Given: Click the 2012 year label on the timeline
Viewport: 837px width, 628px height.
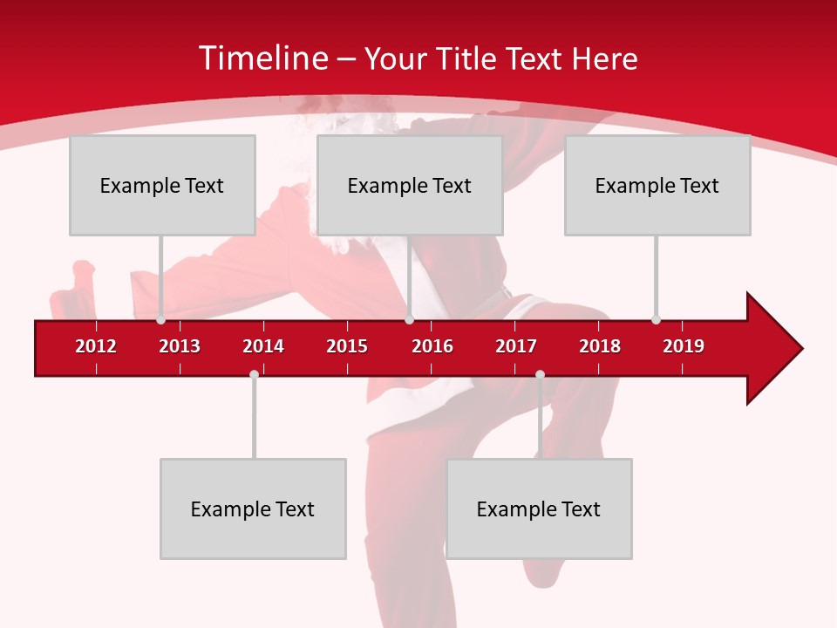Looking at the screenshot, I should [96, 346].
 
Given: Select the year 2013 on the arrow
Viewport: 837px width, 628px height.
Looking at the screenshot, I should [180, 346].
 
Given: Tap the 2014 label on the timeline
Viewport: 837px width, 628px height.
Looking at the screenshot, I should [263, 346].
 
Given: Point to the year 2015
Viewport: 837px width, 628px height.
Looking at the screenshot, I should [347, 346].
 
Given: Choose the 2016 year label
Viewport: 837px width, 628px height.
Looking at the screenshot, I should [432, 346].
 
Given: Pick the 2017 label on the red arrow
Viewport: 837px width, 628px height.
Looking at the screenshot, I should [516, 346].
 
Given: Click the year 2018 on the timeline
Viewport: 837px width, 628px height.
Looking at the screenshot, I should [600, 346].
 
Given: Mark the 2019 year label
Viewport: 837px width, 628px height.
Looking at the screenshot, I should [684, 346].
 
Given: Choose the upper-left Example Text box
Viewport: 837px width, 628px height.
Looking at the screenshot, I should [162, 185].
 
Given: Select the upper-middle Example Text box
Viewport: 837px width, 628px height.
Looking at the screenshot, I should [410, 185].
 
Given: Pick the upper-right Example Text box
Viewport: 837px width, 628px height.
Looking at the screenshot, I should [657, 185].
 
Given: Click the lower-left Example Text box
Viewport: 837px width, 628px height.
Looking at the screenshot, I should [253, 509].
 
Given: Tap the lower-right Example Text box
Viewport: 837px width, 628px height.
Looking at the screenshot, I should [539, 509].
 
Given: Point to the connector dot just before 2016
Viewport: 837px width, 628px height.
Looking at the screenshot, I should [409, 320].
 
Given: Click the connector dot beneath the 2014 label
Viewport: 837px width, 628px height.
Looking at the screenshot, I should [254, 374].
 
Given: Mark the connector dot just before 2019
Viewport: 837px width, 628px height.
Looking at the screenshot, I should [656, 320].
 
